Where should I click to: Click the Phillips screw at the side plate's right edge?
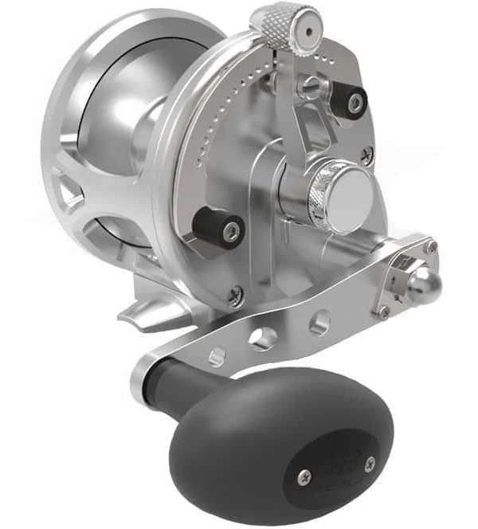pos(367,156)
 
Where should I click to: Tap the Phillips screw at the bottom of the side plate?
pos(235,296)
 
